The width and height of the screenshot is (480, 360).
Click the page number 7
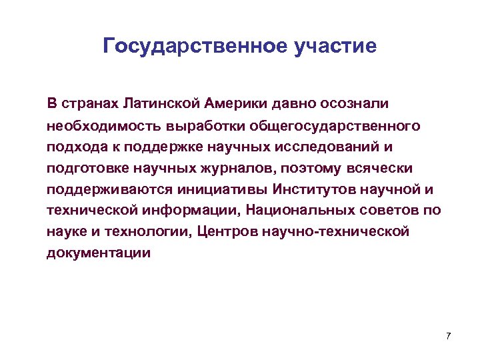[x=449, y=335]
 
